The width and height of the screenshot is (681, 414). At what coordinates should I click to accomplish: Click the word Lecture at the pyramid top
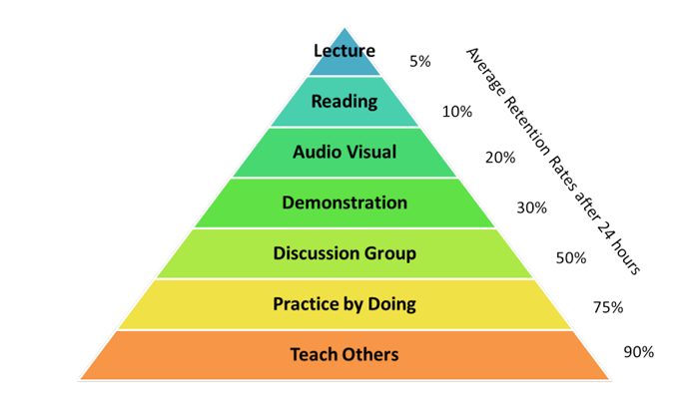343,51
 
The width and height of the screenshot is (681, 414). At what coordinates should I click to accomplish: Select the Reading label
343,101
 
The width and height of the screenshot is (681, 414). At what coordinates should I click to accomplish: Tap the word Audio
316,153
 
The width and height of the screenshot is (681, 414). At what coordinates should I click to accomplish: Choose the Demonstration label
344,203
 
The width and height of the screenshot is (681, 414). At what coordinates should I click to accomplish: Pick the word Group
392,253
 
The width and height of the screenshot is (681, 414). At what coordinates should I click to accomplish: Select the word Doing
392,304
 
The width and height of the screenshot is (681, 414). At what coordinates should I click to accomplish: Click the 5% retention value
420,61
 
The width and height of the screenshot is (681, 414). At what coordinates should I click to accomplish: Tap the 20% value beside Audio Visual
500,157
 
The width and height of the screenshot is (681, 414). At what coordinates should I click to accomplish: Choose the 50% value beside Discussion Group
570,257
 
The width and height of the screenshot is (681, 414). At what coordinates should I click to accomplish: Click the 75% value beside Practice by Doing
609,307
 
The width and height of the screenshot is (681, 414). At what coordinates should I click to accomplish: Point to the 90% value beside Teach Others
640,351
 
